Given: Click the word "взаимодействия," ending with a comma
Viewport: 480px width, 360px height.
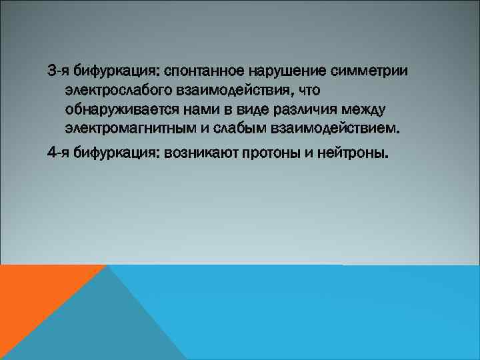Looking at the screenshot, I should tap(223, 89).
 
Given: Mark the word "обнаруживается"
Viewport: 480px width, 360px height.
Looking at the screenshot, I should tap(114, 108).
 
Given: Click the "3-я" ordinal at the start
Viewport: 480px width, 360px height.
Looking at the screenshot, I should tap(58, 70).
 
